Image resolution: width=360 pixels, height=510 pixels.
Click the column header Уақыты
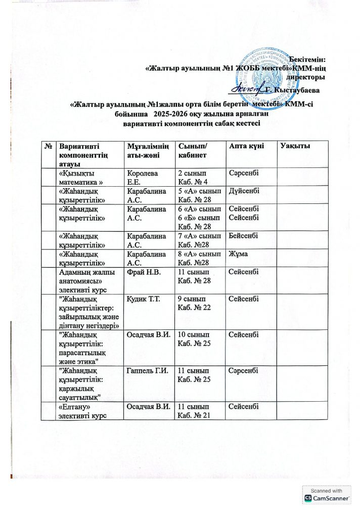(x=294, y=146)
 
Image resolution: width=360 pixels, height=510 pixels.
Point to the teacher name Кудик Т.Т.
(x=144, y=301)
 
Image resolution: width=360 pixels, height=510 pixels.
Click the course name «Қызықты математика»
(x=81, y=178)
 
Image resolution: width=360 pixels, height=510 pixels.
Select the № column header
(x=49, y=146)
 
